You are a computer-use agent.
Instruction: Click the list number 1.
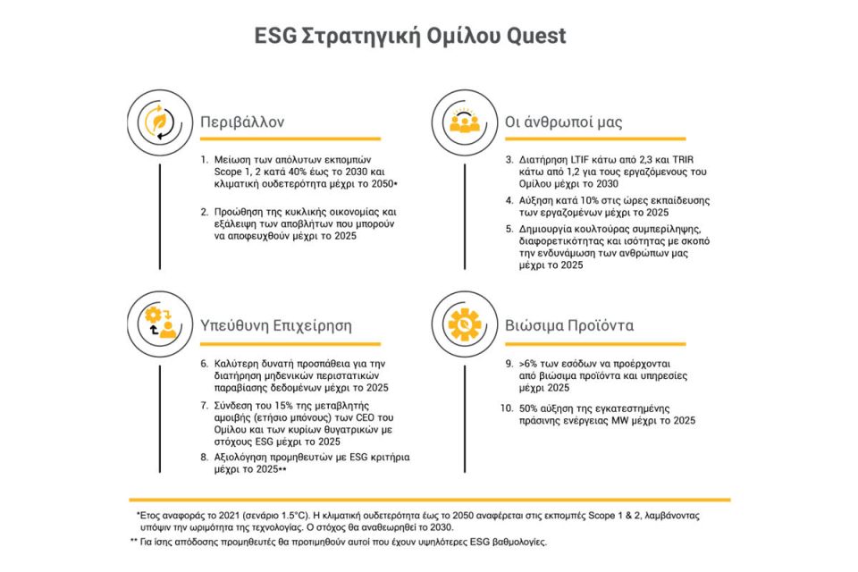205,162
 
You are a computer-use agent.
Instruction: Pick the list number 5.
508,229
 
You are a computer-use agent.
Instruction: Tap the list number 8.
205,457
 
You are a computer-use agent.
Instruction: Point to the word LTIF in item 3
580,162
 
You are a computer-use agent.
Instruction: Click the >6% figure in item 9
528,365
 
